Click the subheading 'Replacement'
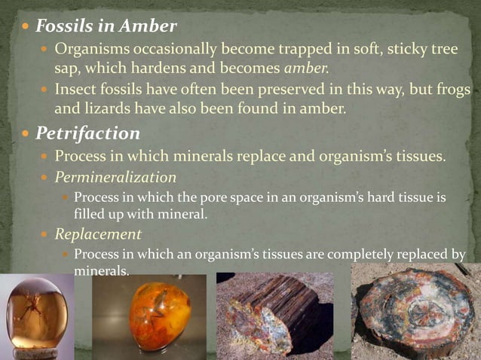pyautogui.click(x=98, y=234)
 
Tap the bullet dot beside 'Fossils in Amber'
pyautogui.click(x=26, y=27)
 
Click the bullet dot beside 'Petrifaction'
pyautogui.click(x=26, y=134)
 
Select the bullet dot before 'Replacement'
pyautogui.click(x=45, y=235)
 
